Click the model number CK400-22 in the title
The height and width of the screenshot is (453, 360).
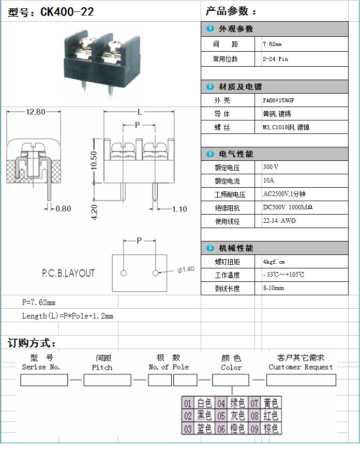point(67,12)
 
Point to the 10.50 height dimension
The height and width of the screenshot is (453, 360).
point(94,160)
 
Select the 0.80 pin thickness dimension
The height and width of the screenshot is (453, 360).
point(63,208)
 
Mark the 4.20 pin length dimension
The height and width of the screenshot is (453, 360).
point(94,212)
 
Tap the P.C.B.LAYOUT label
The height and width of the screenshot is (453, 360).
point(68,273)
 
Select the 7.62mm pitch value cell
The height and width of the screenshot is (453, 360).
point(272,44)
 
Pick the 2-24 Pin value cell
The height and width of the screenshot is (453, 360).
point(275,59)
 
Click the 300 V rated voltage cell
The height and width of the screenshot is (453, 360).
point(271,168)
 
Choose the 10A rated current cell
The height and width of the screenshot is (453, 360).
point(269,181)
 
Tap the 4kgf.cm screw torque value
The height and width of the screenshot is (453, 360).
point(274,262)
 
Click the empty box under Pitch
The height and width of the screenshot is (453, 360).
point(107,380)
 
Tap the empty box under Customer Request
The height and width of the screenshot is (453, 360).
point(301,380)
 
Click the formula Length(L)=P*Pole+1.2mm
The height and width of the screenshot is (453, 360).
point(67,315)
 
